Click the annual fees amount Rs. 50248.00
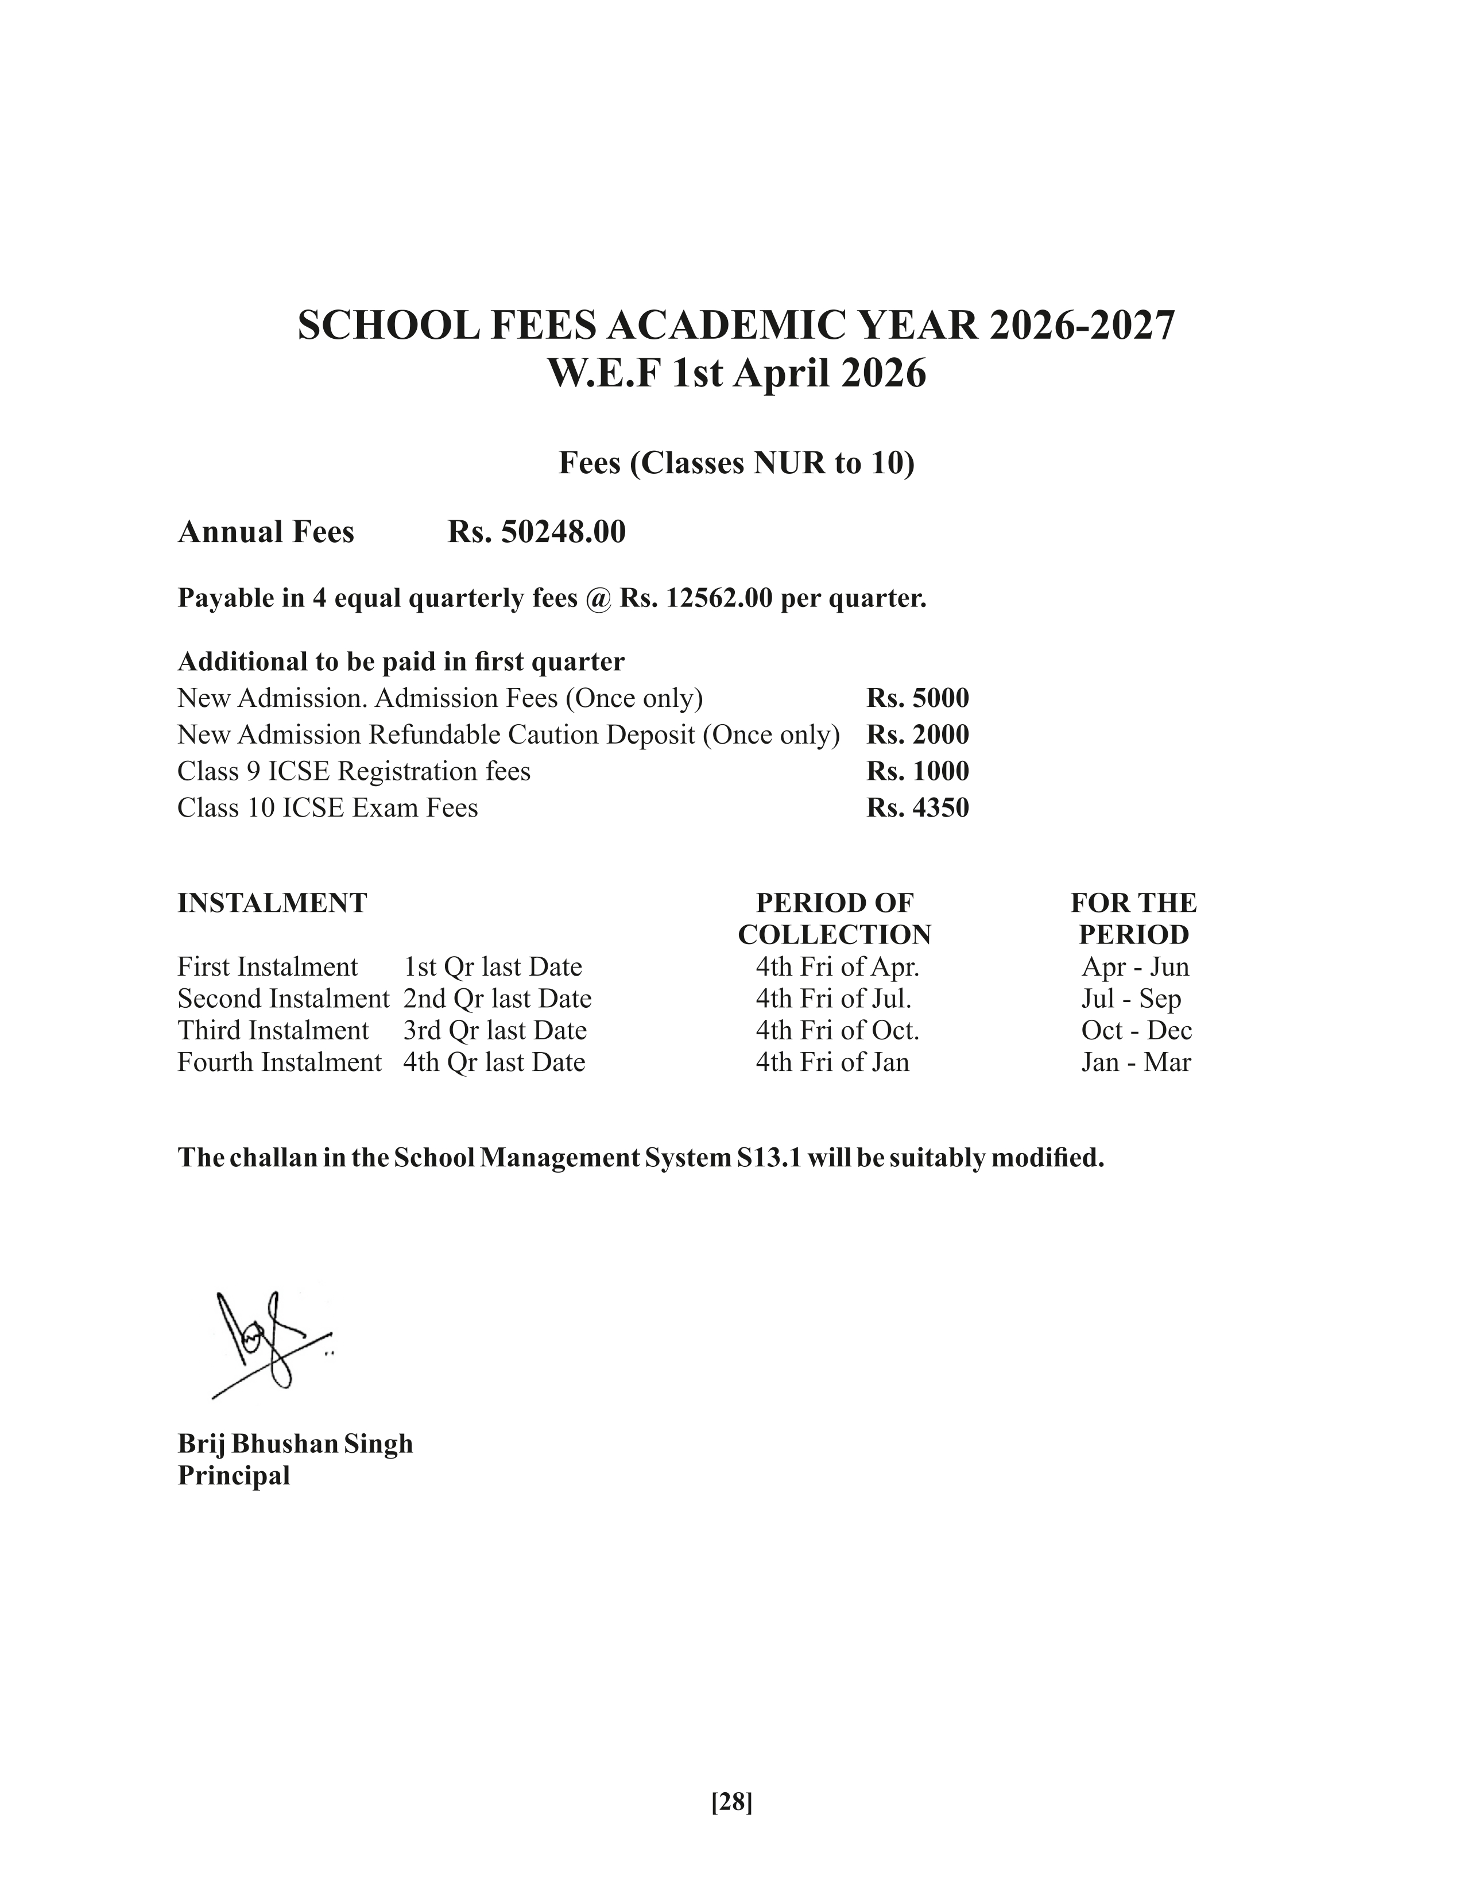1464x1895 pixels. click(536, 532)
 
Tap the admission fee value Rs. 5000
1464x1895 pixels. click(917, 698)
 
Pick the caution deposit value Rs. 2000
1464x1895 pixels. click(917, 735)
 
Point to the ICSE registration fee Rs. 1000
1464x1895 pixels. click(917, 771)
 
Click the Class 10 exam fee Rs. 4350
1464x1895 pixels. click(917, 808)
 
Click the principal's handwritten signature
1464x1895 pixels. click(269, 1344)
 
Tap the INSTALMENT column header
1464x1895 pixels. click(272, 903)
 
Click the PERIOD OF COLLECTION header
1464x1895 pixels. click(834, 919)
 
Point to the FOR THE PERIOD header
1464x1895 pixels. click(1133, 919)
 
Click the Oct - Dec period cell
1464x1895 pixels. click(1136, 1031)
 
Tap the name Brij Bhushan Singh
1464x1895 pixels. click(295, 1444)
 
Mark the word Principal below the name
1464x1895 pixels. click(233, 1476)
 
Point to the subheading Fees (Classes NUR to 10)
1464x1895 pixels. click(737, 463)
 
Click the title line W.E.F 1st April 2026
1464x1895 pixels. click(737, 374)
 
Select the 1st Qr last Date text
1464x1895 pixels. click(493, 966)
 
